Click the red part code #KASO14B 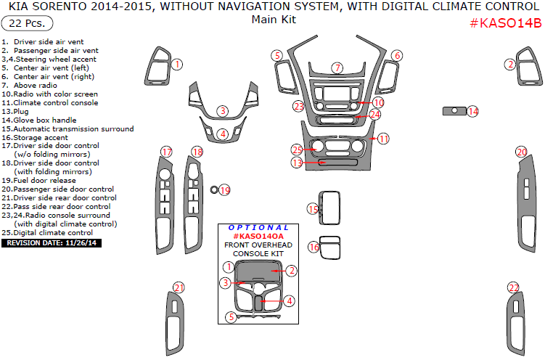pos(505,22)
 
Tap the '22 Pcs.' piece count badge pos(26,24)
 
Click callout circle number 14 pos(473,111)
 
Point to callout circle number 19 pos(224,190)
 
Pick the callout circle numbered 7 pos(337,67)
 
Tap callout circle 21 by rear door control pos(179,287)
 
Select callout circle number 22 pos(513,287)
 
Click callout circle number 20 pos(521,152)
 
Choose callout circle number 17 pos(167,152)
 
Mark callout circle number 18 pos(197,152)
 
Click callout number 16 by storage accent pos(314,247)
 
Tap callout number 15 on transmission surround pos(313,209)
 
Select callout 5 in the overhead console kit pos(231,317)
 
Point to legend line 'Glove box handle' pos(44,120)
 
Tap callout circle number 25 pos(297,150)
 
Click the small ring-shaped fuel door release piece pos(214,190)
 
